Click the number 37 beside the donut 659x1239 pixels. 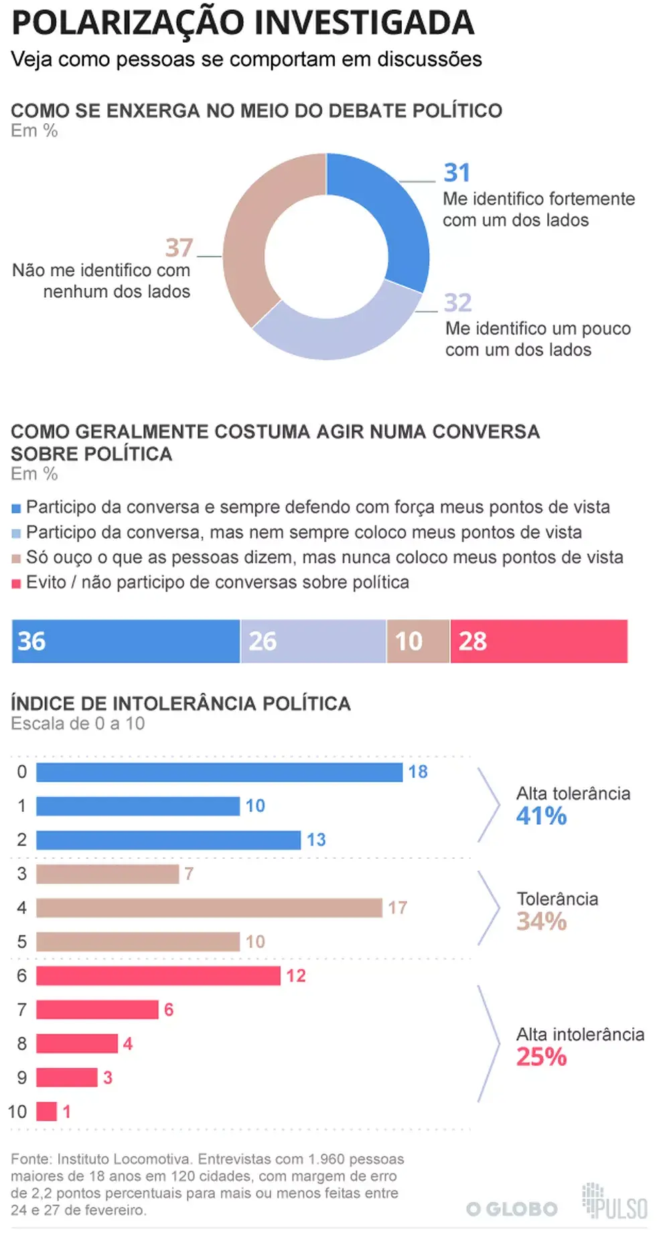click(x=179, y=248)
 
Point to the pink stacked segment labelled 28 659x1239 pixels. click(x=538, y=641)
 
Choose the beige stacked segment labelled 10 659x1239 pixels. click(x=418, y=641)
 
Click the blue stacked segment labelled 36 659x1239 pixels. click(x=126, y=641)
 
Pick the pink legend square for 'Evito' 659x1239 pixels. click(x=17, y=584)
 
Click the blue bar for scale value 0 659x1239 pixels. click(x=219, y=772)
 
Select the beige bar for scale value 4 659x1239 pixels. click(x=209, y=908)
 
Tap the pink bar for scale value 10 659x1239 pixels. click(x=46, y=1111)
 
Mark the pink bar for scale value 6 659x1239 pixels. click(x=158, y=975)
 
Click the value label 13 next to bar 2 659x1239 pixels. click(x=316, y=839)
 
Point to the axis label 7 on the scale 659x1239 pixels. click(x=22, y=1009)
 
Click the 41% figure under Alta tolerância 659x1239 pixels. click(x=541, y=816)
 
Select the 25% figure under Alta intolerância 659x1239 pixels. click(x=541, y=1057)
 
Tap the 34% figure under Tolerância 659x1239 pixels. click(x=541, y=921)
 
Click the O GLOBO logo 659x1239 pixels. click(x=512, y=1209)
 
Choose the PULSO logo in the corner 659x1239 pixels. click(x=615, y=1202)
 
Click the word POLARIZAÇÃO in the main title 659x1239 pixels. click(x=127, y=23)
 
